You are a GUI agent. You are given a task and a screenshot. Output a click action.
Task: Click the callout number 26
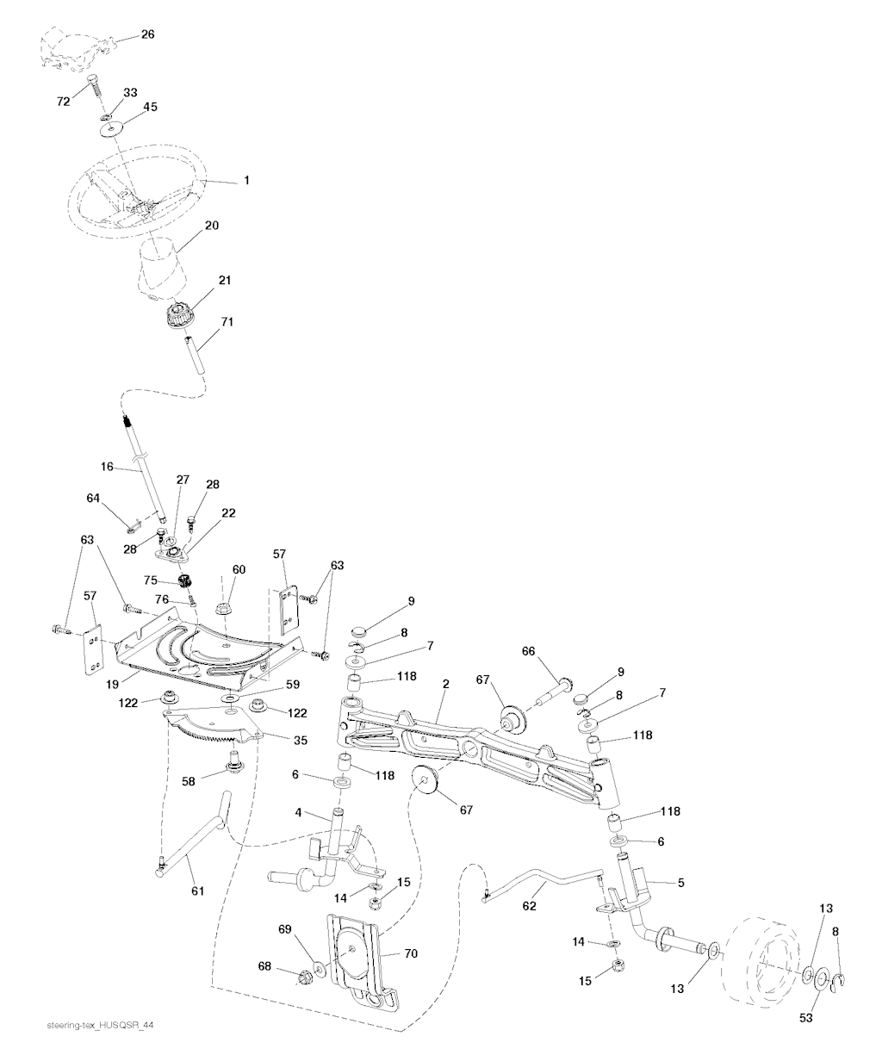[x=147, y=35]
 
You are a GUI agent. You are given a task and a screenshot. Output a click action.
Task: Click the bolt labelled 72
[x=93, y=88]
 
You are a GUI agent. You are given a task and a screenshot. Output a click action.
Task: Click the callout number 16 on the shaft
[x=107, y=467]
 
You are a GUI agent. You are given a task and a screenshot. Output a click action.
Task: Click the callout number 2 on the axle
[x=446, y=684]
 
